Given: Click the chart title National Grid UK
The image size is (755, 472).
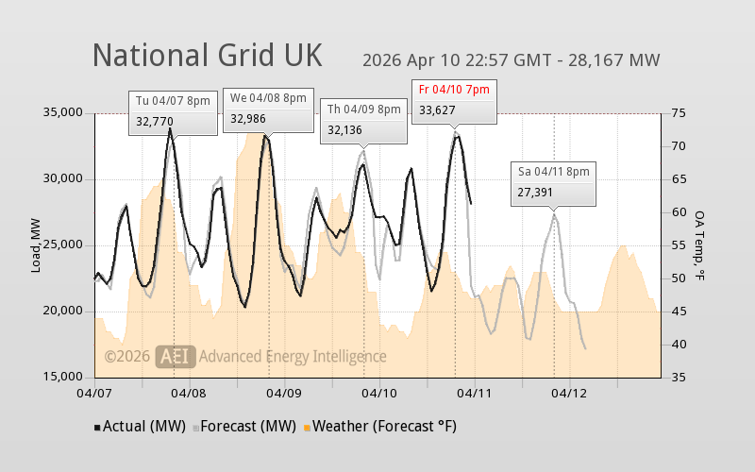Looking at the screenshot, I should pos(207,55).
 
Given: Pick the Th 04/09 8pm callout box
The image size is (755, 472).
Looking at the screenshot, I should pos(363,120).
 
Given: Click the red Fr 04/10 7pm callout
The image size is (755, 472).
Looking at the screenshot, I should pos(454,100).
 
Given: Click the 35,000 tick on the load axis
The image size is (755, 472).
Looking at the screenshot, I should pos(64,113).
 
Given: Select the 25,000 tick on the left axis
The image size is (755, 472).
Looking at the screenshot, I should pos(64,245).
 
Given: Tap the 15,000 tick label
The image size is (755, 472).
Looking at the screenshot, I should pos(64,378).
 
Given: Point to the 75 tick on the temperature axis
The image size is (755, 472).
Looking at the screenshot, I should pos(679,113).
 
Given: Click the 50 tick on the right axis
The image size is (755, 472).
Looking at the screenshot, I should pos(679,278).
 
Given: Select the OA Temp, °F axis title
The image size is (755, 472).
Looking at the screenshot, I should pos(699,245).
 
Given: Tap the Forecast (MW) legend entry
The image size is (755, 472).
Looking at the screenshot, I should pos(244,427).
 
